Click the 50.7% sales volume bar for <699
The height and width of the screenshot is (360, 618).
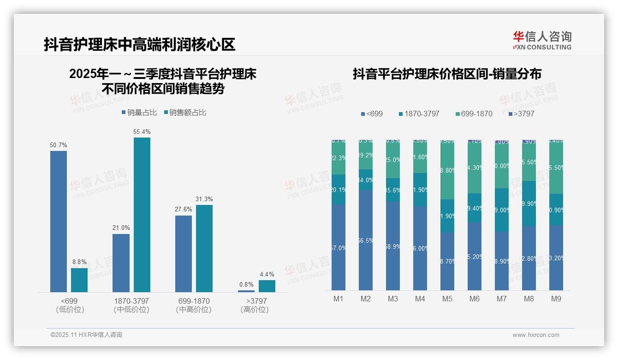(59, 221)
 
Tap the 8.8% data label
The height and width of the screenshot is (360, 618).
(79, 262)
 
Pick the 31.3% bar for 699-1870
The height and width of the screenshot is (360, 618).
(204, 248)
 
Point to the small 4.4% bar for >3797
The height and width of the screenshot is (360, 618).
(267, 286)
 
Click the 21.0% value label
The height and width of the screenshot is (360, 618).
(121, 228)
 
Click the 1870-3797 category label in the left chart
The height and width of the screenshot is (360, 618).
(131, 301)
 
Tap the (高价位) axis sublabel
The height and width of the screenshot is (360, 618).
(255, 310)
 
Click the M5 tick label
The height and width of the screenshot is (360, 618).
(447, 299)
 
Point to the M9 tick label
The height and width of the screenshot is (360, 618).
(556, 299)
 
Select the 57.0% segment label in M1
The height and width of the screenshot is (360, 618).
(339, 248)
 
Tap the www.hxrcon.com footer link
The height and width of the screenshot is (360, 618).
(536, 335)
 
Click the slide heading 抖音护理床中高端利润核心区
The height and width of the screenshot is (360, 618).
(139, 44)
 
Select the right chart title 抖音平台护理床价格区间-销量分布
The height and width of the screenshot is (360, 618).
(447, 74)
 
